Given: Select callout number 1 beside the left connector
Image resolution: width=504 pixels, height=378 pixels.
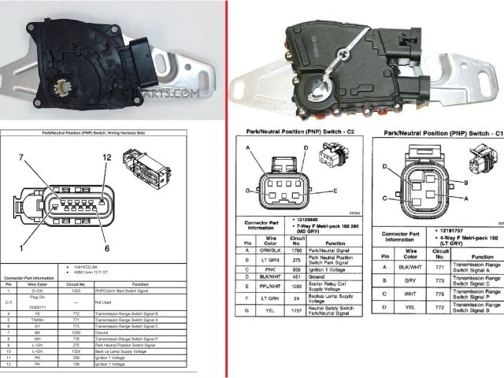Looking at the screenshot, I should (31, 248).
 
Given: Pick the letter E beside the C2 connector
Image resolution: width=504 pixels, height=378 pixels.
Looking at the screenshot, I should (335, 191).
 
